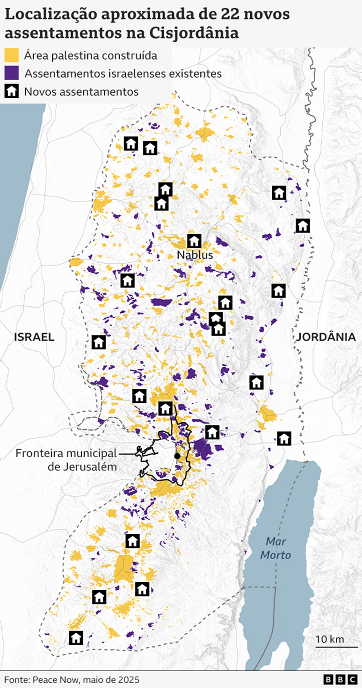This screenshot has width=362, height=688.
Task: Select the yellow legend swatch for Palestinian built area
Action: [12, 56]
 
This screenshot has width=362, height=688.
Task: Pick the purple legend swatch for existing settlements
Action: [12, 74]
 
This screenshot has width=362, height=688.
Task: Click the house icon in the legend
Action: [12, 91]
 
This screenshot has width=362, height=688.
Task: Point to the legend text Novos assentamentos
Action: [81, 92]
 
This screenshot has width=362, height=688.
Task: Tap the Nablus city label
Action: [195, 255]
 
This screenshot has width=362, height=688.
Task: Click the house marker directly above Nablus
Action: [194, 241]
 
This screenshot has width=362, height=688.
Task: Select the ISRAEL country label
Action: [34, 337]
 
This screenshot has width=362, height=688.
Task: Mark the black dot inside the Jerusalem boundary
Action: [177, 456]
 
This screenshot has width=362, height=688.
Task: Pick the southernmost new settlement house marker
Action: [76, 637]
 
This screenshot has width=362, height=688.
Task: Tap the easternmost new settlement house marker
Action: [303, 226]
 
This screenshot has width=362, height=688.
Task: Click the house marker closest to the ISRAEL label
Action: [98, 342]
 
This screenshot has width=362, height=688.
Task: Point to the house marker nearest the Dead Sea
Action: [284, 439]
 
